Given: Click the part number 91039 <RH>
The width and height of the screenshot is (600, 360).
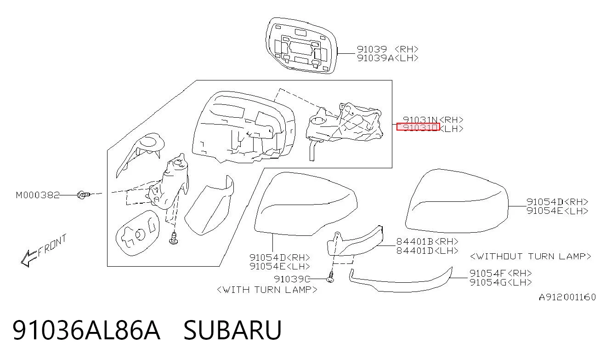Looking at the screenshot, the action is tap(388, 49).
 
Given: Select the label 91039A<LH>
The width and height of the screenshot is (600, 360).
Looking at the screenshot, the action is tap(388, 58).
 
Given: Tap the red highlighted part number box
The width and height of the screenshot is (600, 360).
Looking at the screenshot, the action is tap(418, 127).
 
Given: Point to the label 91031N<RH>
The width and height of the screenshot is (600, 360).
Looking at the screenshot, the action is tap(433, 120).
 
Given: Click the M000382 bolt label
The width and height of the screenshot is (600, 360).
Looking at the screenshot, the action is tap(38, 195).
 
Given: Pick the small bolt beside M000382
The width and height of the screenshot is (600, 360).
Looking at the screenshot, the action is tap(84, 194).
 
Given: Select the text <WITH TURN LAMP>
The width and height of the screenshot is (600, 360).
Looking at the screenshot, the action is tap(267, 290).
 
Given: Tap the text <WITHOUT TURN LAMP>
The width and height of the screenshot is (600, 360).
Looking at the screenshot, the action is tap(531, 257).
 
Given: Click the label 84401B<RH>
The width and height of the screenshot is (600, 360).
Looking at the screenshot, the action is tap(428, 242).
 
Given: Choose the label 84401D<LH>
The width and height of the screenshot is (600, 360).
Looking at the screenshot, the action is tap(428, 251).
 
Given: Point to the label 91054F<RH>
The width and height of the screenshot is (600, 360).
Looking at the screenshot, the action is tap(501, 274).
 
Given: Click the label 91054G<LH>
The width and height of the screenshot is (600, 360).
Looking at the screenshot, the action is tap(501, 283).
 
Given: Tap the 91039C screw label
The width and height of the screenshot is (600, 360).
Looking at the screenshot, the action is tap(292, 280).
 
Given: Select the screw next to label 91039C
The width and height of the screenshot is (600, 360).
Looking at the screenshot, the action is tap(331, 277).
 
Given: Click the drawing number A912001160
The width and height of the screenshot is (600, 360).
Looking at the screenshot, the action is tap(567, 297).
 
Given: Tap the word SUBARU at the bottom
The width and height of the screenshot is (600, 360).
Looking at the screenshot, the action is tap(232, 330).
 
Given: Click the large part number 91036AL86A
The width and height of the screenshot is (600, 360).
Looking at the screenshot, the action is tap(86, 330).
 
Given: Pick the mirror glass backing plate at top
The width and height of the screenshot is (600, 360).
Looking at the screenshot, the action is tap(301, 46).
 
